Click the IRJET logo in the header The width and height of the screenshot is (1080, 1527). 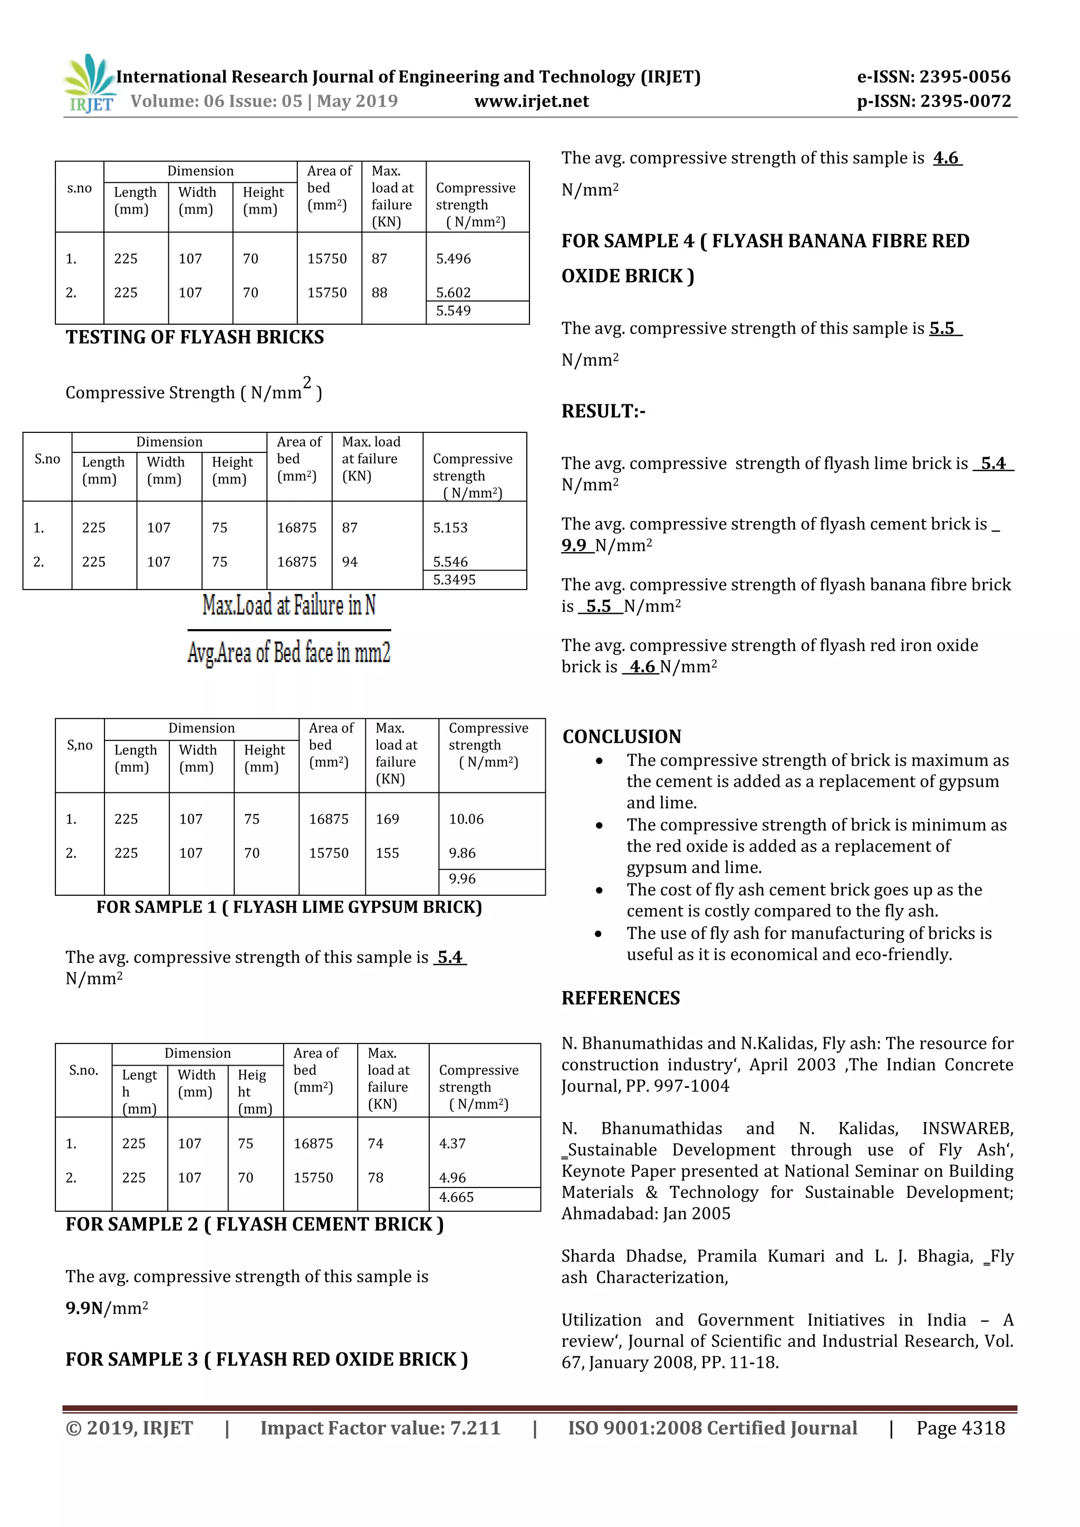(x=89, y=84)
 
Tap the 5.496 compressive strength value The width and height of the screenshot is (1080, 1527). (x=453, y=259)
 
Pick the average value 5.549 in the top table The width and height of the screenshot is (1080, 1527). (x=453, y=311)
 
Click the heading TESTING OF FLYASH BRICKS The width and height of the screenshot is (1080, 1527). (x=194, y=337)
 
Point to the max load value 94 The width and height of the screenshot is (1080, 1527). (x=349, y=562)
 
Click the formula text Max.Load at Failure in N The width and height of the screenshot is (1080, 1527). (x=288, y=605)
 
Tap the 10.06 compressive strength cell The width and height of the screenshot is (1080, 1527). (x=466, y=819)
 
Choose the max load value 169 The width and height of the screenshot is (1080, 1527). (x=387, y=819)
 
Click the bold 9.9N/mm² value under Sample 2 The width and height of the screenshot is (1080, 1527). (x=107, y=1308)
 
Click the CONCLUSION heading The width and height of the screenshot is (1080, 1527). (x=621, y=737)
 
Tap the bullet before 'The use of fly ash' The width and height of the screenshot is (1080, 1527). (x=599, y=934)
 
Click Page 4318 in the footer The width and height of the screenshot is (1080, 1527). (x=960, y=1428)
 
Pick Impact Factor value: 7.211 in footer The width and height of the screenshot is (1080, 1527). (x=380, y=1428)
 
